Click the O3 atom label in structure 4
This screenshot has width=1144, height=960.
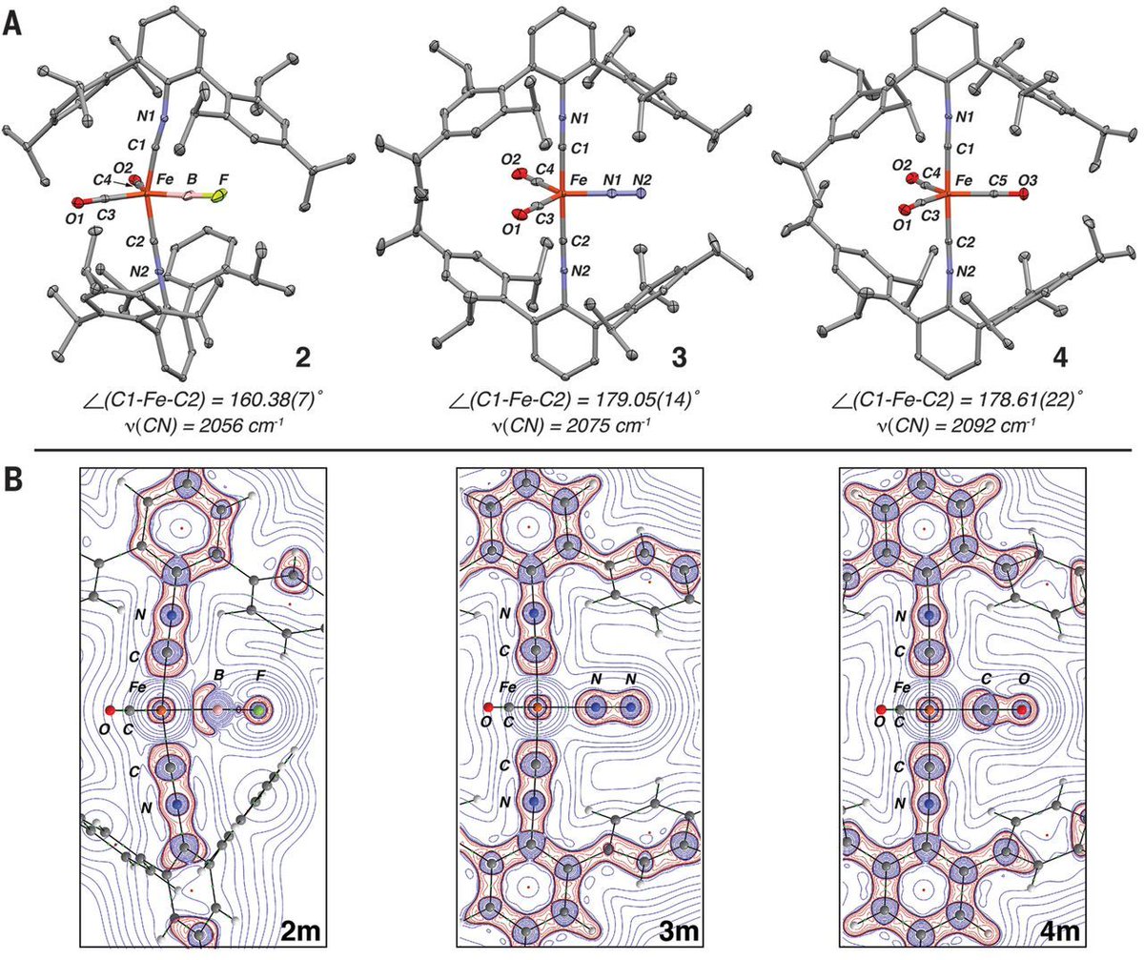tap(1022, 177)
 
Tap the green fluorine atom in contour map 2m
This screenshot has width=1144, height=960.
tap(258, 710)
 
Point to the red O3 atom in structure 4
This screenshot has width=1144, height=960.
tap(1022, 194)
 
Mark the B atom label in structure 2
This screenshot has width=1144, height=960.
tap(194, 177)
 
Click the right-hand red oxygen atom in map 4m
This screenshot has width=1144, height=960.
tap(1022, 710)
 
